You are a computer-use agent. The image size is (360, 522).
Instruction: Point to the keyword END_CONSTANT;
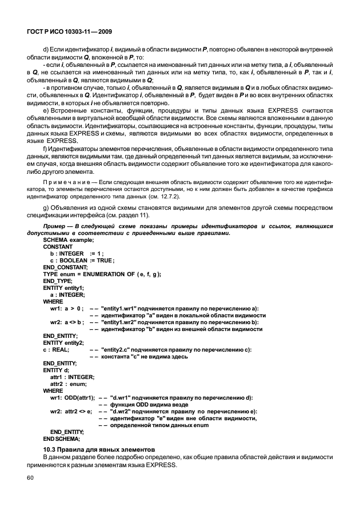65,267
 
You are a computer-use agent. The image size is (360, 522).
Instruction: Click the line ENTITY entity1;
63,288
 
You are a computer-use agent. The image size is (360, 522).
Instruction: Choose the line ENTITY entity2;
63,342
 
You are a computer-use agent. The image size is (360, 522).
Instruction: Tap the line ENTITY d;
56,370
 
